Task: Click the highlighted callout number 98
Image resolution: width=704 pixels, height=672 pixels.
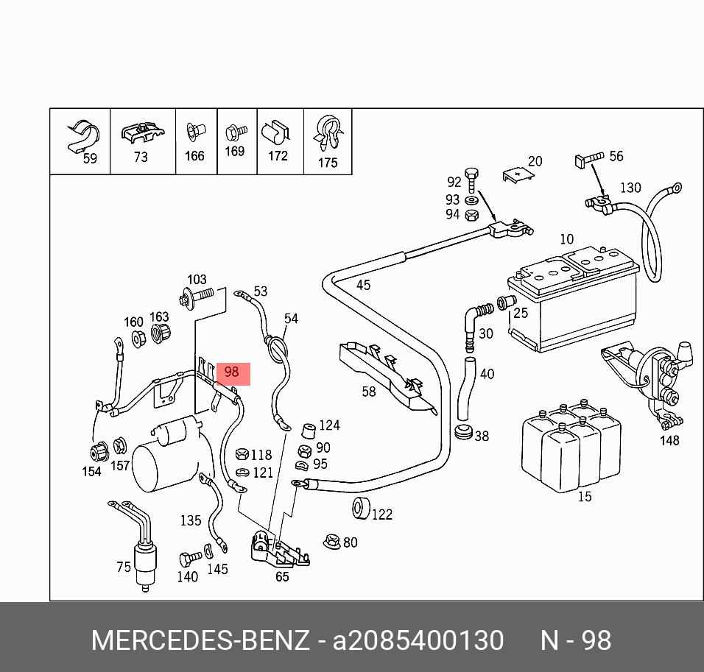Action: tap(232, 372)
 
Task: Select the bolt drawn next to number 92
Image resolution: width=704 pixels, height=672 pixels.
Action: tap(471, 180)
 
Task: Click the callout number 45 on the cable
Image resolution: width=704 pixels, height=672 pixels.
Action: tap(363, 285)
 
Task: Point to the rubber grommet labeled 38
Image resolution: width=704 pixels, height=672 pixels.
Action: tap(463, 432)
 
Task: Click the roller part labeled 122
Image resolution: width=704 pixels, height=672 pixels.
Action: tap(361, 508)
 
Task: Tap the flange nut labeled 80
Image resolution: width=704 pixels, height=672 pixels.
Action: tap(332, 542)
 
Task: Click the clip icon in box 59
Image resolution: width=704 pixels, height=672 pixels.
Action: tap(83, 135)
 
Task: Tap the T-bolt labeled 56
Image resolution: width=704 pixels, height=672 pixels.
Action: tap(589, 159)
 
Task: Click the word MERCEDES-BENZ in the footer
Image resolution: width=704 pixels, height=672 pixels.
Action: tap(200, 640)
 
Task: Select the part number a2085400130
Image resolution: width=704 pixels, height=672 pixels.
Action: tap(418, 640)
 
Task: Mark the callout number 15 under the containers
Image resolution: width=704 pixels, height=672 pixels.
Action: tap(585, 497)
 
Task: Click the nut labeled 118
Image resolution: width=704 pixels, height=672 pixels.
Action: tap(242, 454)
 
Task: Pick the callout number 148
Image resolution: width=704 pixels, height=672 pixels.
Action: tap(669, 440)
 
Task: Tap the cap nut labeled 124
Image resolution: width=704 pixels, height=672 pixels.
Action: tap(308, 431)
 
